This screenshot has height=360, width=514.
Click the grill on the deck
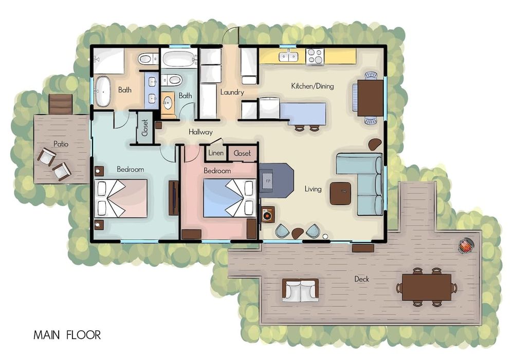(466, 246)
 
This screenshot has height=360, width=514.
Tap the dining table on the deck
(427, 287)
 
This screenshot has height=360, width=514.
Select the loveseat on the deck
(300, 290)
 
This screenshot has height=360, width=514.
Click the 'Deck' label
(361, 279)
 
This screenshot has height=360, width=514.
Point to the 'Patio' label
(61, 144)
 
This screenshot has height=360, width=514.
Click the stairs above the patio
(60, 104)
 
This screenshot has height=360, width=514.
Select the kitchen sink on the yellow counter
(288, 57)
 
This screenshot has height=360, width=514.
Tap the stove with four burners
(315, 57)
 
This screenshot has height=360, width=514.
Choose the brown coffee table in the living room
(340, 193)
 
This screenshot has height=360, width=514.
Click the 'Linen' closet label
(216, 153)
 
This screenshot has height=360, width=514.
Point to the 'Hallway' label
(200, 132)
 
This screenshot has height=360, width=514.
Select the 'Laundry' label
(232, 92)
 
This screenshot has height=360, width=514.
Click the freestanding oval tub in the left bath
(103, 92)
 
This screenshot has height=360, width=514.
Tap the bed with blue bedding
(229, 198)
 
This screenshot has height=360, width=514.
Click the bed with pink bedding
(121, 199)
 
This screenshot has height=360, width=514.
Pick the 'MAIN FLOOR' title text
(67, 335)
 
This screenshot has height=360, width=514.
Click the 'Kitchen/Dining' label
(313, 86)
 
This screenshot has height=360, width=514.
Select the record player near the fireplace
(268, 215)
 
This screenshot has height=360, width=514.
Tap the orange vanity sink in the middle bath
(168, 102)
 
